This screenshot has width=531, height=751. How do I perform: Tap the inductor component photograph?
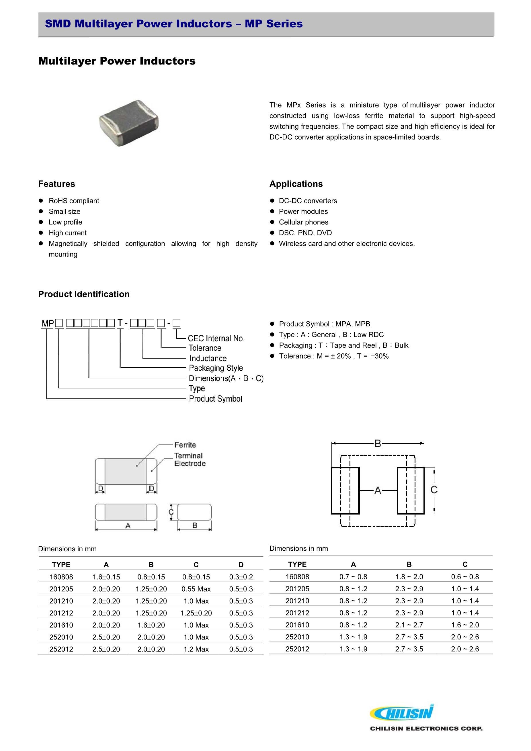(x=129, y=123)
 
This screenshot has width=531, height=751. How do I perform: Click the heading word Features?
(x=56, y=184)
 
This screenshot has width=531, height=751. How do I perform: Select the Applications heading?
(x=296, y=184)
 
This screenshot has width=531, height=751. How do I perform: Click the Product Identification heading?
(x=84, y=294)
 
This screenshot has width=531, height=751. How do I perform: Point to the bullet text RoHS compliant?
(x=74, y=201)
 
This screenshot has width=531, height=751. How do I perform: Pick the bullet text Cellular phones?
(x=303, y=222)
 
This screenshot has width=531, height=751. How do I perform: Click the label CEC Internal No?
(x=216, y=338)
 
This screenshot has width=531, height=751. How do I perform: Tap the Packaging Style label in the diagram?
(x=216, y=368)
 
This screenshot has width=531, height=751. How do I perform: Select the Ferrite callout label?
(x=185, y=445)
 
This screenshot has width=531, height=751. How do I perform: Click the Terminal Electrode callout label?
(x=190, y=459)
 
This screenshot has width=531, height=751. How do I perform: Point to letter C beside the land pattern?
(x=434, y=490)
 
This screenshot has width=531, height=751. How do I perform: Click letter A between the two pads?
(x=378, y=491)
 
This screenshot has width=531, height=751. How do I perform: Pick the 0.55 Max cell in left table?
(x=196, y=589)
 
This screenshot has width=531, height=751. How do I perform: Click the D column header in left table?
(x=241, y=565)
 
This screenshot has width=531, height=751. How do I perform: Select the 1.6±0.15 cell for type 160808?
(x=106, y=577)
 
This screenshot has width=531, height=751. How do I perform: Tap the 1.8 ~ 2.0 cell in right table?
(x=409, y=577)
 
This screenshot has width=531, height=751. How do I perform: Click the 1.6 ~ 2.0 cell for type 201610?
(x=465, y=625)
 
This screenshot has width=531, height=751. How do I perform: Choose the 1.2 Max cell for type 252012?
(x=196, y=649)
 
